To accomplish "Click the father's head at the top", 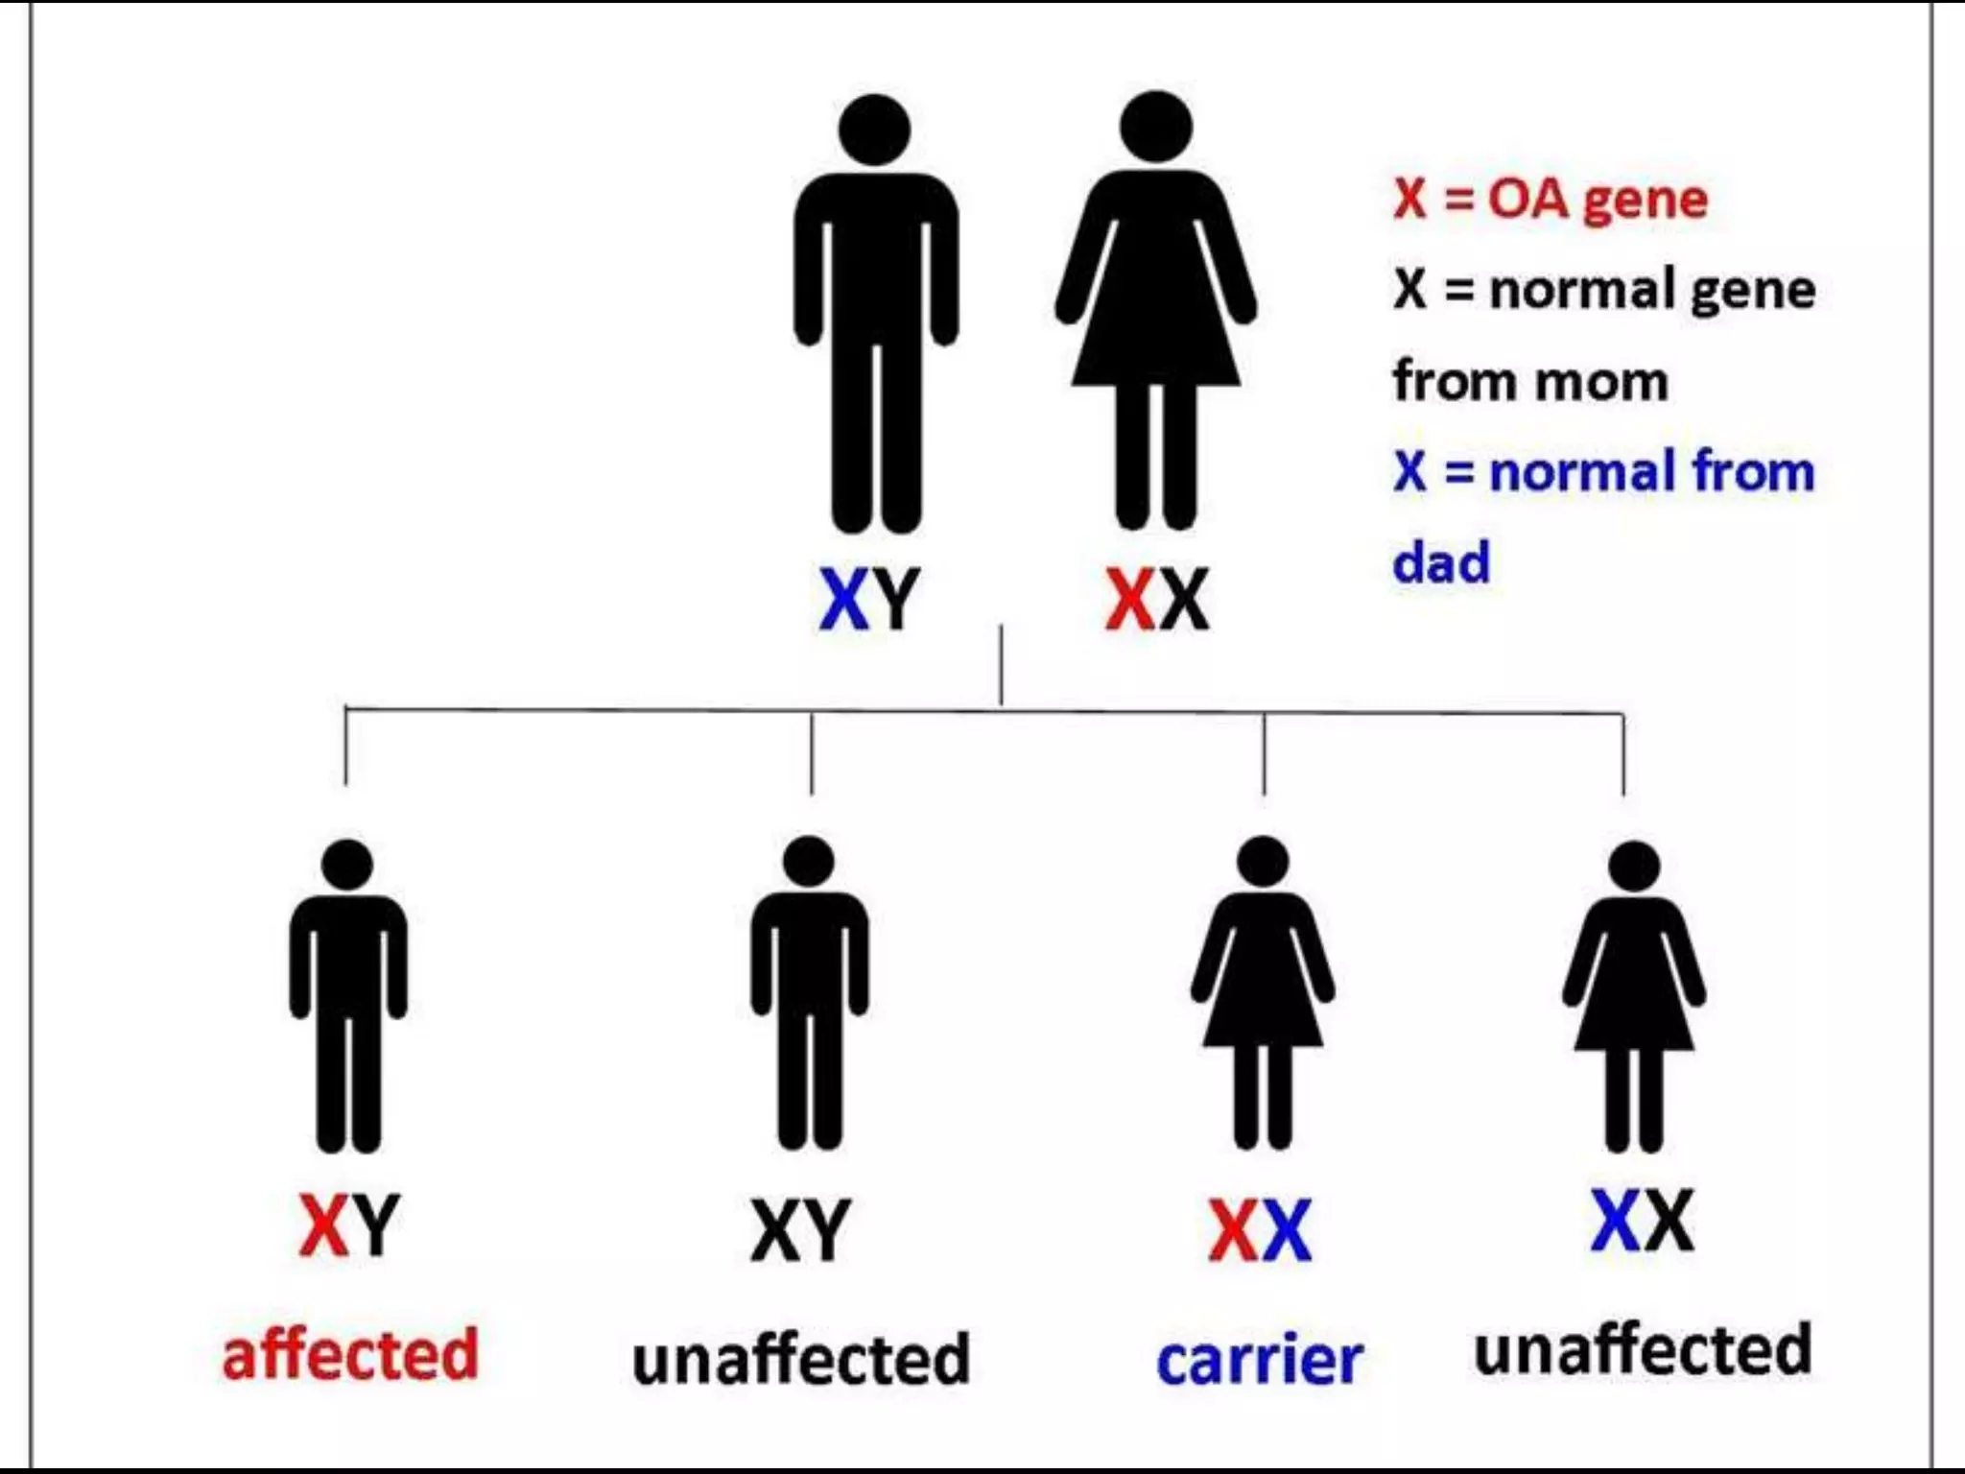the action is tap(874, 130).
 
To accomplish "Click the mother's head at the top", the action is tap(1156, 127).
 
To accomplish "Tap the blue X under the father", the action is tap(844, 600).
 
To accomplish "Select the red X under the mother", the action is tap(1129, 600).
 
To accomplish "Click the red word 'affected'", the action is tap(350, 1354).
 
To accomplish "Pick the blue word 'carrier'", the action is tap(1260, 1360).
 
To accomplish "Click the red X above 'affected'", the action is tap(323, 1225).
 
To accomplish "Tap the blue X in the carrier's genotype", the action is tap(1286, 1230).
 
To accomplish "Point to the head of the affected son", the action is tap(347, 865).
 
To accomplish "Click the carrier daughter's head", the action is tap(1263, 861).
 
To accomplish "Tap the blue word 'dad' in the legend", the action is tap(1441, 562).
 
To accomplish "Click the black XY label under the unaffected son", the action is tap(800, 1230).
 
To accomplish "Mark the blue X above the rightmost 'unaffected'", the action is tap(1616, 1221).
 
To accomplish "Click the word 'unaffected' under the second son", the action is tap(801, 1359).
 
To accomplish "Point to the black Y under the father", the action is tap(896, 600).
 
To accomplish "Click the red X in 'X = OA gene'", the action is tap(1409, 200).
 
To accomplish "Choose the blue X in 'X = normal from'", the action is tap(1409, 472).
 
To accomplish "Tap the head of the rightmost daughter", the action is tap(1634, 866).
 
